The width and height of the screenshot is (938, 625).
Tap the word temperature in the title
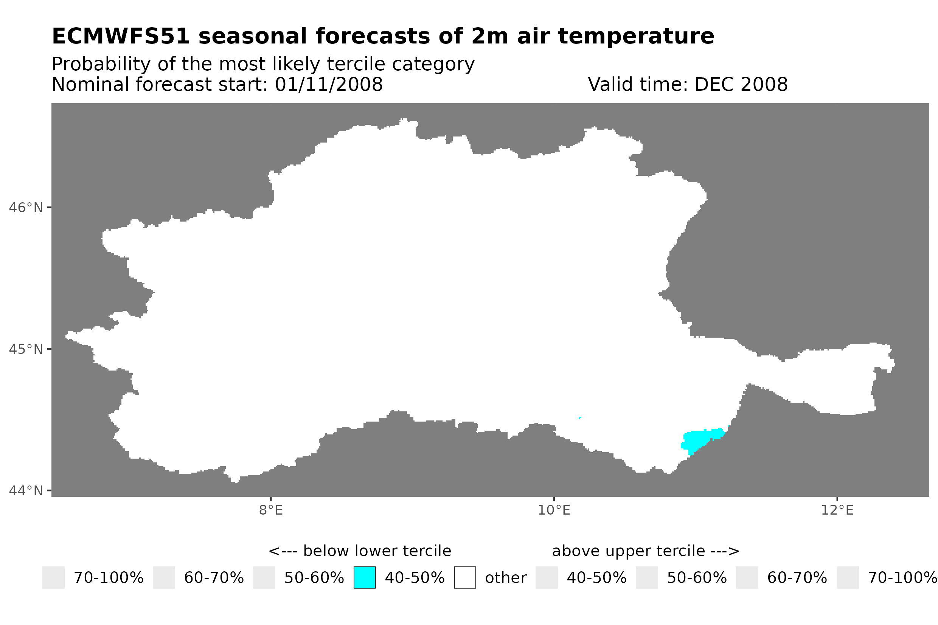click(x=635, y=37)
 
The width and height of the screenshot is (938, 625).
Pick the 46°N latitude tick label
click(x=25, y=208)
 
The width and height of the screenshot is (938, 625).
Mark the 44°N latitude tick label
click(x=25, y=491)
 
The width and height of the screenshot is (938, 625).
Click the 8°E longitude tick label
click(x=271, y=510)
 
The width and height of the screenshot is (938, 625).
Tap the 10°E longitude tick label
click(x=554, y=510)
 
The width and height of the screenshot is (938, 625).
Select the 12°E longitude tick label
click(x=837, y=510)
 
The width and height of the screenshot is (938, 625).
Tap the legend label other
click(x=505, y=578)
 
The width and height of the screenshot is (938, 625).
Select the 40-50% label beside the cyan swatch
click(x=414, y=578)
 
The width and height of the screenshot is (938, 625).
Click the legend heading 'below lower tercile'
click(x=377, y=551)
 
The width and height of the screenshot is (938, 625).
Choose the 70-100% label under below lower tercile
click(x=109, y=578)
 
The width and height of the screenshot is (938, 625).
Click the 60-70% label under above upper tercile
click(x=797, y=578)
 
